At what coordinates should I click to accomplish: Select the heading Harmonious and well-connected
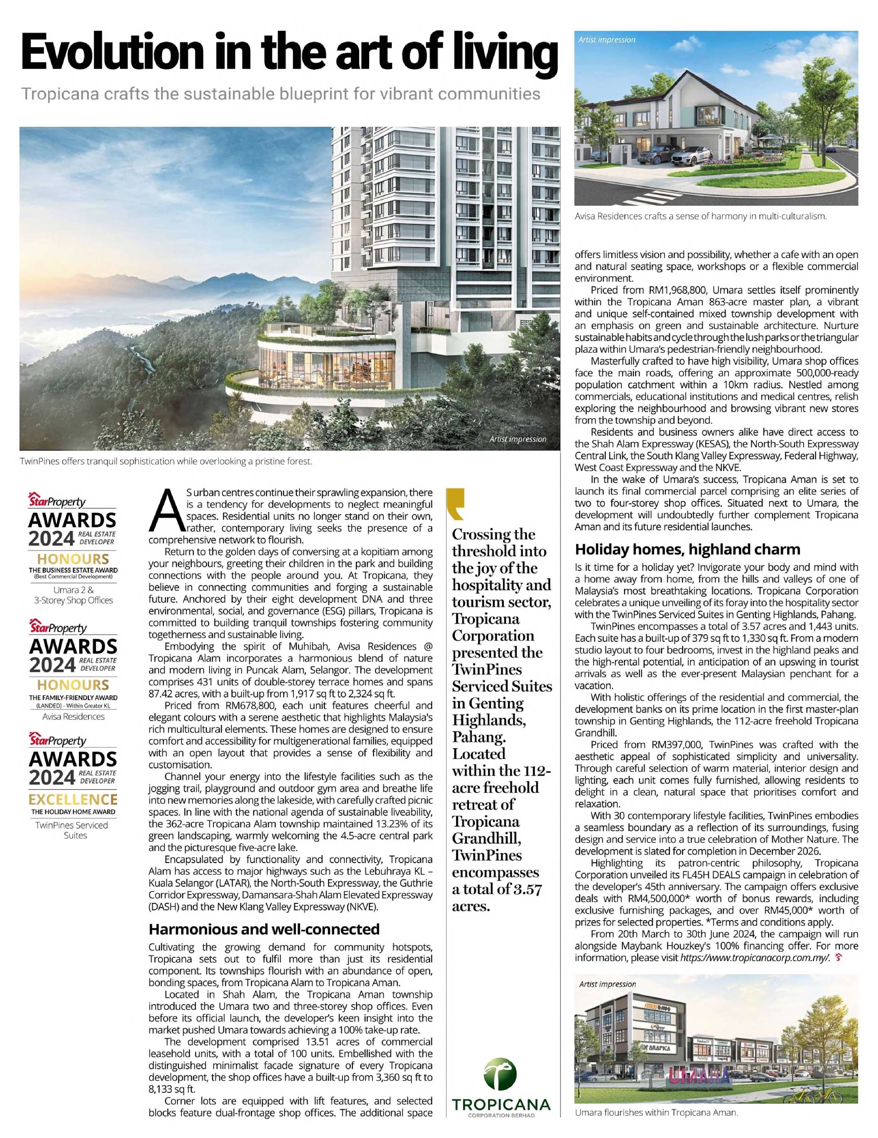coord(264,929)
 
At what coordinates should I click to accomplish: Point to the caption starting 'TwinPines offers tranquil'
coord(166,461)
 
